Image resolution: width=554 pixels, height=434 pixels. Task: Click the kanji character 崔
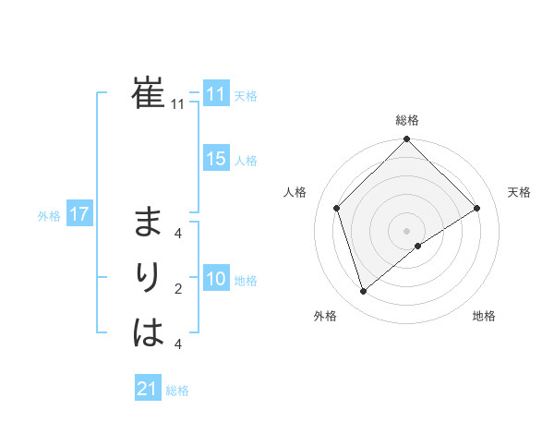pyautogui.click(x=149, y=93)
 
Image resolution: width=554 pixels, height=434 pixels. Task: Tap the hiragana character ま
pyautogui.click(x=149, y=223)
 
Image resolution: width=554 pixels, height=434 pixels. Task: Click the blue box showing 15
pyautogui.click(x=216, y=159)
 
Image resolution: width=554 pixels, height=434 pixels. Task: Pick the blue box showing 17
pyautogui.click(x=79, y=215)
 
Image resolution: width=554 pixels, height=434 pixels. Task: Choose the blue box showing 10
pyautogui.click(x=216, y=279)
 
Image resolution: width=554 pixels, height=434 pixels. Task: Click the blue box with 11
pyautogui.click(x=216, y=94)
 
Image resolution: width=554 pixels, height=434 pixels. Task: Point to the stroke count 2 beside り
pyautogui.click(x=178, y=290)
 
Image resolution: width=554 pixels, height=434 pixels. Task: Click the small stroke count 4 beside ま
pyautogui.click(x=178, y=234)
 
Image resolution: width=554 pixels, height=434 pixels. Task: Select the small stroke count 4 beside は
pyautogui.click(x=178, y=344)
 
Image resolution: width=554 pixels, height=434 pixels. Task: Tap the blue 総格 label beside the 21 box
pyautogui.click(x=177, y=391)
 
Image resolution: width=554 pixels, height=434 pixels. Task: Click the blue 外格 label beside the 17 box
pyautogui.click(x=49, y=216)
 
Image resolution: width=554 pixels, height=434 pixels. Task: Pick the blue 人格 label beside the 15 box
pyautogui.click(x=246, y=161)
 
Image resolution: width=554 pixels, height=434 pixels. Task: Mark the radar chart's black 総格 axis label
pyautogui.click(x=407, y=120)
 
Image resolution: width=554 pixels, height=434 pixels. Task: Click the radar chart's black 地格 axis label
pyautogui.click(x=484, y=316)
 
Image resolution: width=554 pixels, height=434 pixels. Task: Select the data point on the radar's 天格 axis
pyautogui.click(x=477, y=208)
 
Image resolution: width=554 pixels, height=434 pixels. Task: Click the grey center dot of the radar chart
pyautogui.click(x=407, y=231)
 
